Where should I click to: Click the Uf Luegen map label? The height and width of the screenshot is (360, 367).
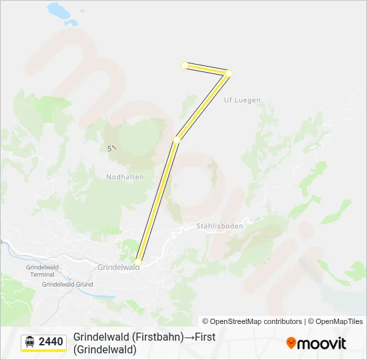[x=242, y=100]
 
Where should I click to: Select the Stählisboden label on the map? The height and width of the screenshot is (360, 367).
[x=220, y=226]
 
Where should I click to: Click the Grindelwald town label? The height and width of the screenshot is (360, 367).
[x=118, y=267]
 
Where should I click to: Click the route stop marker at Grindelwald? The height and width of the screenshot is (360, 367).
[x=138, y=261]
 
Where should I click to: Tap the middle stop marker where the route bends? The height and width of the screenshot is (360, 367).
[x=177, y=139]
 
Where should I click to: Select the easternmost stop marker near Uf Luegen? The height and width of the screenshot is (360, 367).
[x=229, y=73]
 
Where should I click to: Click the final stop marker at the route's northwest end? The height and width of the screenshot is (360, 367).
[x=185, y=65]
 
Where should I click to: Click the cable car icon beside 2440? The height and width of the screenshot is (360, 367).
[x=29, y=342]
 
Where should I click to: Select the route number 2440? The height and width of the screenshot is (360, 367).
[x=51, y=342]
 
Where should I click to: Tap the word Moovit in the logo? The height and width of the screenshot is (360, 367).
[x=322, y=343]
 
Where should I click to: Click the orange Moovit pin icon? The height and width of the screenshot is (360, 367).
[x=291, y=343]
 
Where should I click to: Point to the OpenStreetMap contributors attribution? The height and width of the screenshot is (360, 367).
[x=252, y=321]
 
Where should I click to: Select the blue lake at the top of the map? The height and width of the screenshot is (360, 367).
[x=61, y=11]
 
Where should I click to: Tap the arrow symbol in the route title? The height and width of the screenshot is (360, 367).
[x=189, y=337]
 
